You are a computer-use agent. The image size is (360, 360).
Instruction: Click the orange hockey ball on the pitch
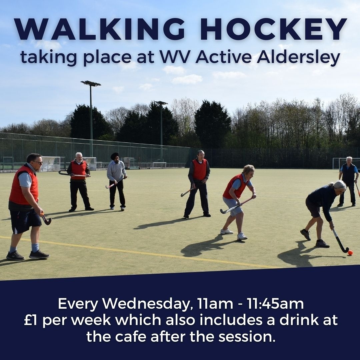[350, 253]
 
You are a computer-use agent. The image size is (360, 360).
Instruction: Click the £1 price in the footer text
[31, 320]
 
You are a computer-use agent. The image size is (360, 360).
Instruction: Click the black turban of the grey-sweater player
[115, 156]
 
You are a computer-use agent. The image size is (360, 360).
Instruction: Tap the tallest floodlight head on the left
[91, 83]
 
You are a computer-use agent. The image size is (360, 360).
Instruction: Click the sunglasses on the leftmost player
[37, 162]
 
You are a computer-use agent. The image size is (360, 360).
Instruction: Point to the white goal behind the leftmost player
[50, 163]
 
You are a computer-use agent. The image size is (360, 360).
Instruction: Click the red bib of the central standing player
[200, 169]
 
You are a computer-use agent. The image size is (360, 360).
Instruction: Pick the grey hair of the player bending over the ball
[339, 185]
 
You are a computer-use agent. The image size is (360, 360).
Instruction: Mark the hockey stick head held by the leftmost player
[48, 221]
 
